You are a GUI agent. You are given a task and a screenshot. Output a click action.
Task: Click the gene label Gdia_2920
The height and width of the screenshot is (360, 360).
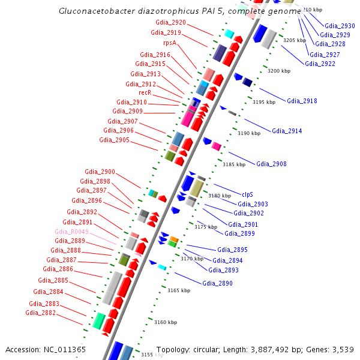pyautogui.click(x=170, y=22)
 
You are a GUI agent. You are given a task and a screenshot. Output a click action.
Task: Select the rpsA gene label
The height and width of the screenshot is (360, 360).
pyautogui.click(x=169, y=43)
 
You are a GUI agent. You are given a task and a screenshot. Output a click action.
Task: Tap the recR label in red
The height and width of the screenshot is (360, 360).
pyautogui.click(x=145, y=92)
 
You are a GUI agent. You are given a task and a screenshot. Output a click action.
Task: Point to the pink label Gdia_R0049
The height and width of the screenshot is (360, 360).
pyautogui.click(x=71, y=232)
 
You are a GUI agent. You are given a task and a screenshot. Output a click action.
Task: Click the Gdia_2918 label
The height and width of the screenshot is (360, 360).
pyautogui.click(x=302, y=101)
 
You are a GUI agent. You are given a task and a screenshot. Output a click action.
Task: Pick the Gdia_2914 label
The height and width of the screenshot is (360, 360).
pyautogui.click(x=287, y=131)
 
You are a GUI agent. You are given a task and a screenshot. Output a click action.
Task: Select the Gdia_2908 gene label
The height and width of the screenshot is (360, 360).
pyautogui.click(x=271, y=164)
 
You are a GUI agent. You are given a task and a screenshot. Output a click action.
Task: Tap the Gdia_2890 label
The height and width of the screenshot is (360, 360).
pyautogui.click(x=217, y=283)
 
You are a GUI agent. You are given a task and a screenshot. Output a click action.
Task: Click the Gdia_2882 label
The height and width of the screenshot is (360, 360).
pyautogui.click(x=40, y=313)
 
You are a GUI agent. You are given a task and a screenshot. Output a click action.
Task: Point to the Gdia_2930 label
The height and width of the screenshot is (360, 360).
pyautogui.click(x=340, y=26)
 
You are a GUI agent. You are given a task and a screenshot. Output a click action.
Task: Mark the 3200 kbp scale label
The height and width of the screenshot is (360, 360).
pyautogui.click(x=278, y=71)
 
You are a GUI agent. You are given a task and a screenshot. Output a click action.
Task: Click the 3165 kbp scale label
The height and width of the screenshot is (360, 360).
pyautogui.click(x=178, y=290)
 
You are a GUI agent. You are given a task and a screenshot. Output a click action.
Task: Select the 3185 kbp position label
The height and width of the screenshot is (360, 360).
pyautogui.click(x=233, y=164)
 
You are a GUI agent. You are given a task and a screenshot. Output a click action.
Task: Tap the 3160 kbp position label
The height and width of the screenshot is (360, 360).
pyautogui.click(x=165, y=322)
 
